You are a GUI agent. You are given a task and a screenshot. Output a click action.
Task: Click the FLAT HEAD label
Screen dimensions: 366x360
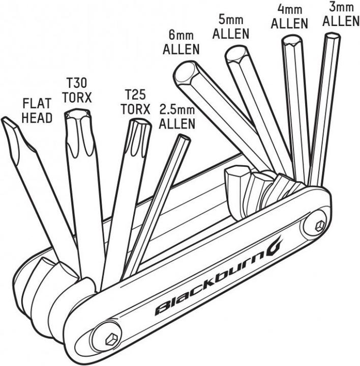(x=37, y=110)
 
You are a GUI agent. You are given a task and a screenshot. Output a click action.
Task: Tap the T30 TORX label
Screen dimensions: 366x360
(x=77, y=90)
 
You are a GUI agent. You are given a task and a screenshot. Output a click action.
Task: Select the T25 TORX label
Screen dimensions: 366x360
(x=135, y=102)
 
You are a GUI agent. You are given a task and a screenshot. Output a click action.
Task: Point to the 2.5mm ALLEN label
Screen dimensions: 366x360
(x=177, y=116)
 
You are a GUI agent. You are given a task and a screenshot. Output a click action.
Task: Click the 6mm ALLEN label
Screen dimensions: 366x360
(x=181, y=43)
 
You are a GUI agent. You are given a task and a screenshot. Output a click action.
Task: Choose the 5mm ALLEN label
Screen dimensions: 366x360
(x=231, y=27)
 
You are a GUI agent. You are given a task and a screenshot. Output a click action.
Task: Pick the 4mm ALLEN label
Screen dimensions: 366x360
(x=289, y=16)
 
